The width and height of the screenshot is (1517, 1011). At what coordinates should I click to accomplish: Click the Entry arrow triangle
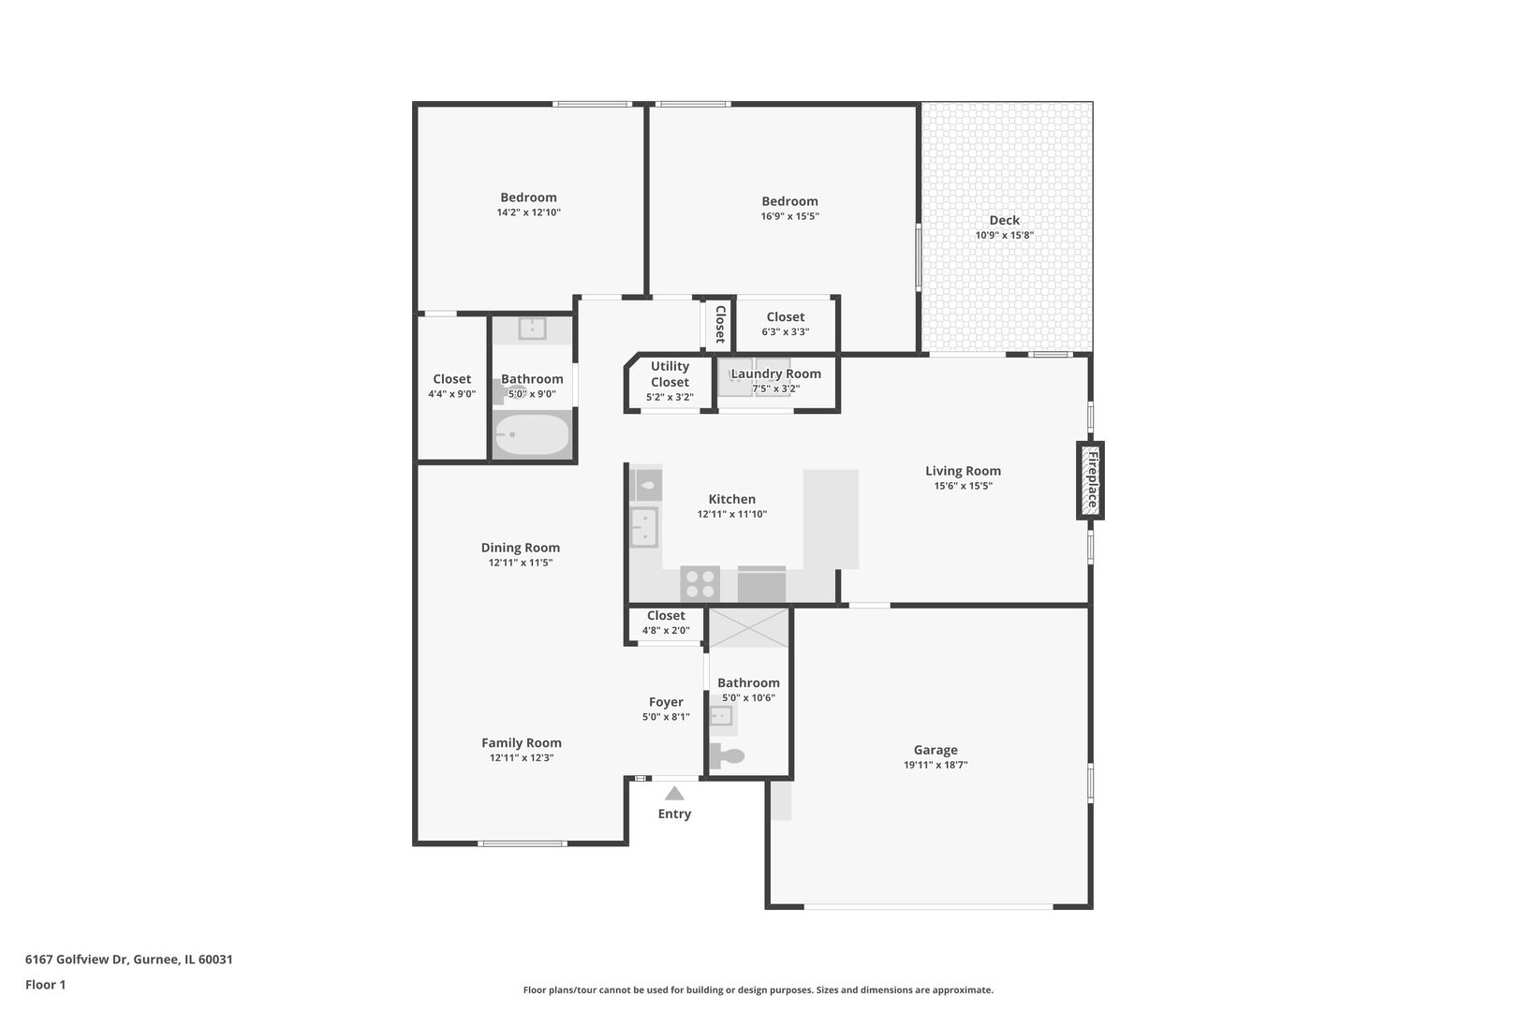coord(674,793)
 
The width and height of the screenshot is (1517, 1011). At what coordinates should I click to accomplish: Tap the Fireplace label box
coord(1090,479)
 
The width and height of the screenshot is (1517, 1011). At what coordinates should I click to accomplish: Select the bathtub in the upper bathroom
coord(532,435)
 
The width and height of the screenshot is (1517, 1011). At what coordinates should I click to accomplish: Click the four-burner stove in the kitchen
coord(700,584)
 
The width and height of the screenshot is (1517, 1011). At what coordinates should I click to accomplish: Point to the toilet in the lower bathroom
coord(728,755)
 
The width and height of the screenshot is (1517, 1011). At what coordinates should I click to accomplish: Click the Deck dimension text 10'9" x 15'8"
coord(1004,236)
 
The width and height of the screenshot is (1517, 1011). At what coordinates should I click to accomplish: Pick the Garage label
coord(935,750)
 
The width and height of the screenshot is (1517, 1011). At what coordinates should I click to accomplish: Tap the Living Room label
coord(963,471)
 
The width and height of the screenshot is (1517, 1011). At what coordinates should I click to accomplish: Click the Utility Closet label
coord(670,374)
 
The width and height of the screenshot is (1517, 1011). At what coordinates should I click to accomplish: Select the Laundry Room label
coord(775,374)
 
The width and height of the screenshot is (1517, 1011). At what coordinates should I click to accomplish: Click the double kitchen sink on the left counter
coord(644,527)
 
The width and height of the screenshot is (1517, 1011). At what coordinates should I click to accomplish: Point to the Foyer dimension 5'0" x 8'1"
coord(666,717)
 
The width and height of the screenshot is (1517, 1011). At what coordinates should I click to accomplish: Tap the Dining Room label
coord(521,548)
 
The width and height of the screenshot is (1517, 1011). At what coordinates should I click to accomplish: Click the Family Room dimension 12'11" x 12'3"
coord(522,758)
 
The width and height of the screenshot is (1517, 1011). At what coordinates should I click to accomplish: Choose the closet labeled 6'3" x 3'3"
coord(786,324)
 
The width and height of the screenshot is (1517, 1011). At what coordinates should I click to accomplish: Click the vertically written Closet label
coord(720,324)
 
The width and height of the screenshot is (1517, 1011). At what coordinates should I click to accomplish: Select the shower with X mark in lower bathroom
coord(748,627)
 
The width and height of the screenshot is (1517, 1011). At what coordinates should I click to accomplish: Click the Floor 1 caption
coord(45,985)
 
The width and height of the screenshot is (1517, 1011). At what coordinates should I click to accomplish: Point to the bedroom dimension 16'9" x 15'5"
coord(789,216)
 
